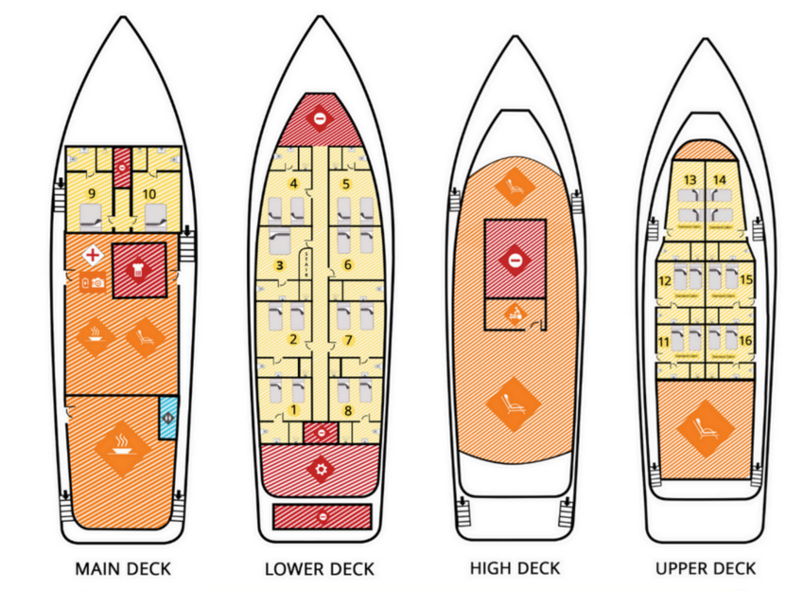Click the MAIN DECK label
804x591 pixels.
pyautogui.click(x=123, y=569)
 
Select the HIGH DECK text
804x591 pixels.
pyautogui.click(x=515, y=568)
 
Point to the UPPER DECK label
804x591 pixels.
pyautogui.click(x=705, y=568)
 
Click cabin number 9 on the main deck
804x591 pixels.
pyautogui.click(x=91, y=193)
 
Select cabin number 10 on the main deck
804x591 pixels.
pyautogui.click(x=149, y=193)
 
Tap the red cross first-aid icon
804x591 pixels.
pyautogui.click(x=94, y=255)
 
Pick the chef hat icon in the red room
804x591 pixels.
pyautogui.click(x=139, y=271)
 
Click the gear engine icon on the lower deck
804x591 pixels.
pyautogui.click(x=322, y=468)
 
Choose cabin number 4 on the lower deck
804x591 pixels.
pyautogui.click(x=293, y=183)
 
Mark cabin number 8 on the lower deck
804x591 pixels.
pyautogui.click(x=348, y=410)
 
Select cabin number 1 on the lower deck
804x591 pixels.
pyautogui.click(x=293, y=410)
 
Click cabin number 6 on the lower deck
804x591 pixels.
pyautogui.click(x=348, y=264)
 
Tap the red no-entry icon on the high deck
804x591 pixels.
pyautogui.click(x=514, y=259)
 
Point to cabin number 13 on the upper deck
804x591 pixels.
pyautogui.click(x=690, y=180)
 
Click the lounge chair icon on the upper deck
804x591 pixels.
pyautogui.click(x=705, y=428)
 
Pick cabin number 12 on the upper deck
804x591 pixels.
pyautogui.click(x=665, y=280)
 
